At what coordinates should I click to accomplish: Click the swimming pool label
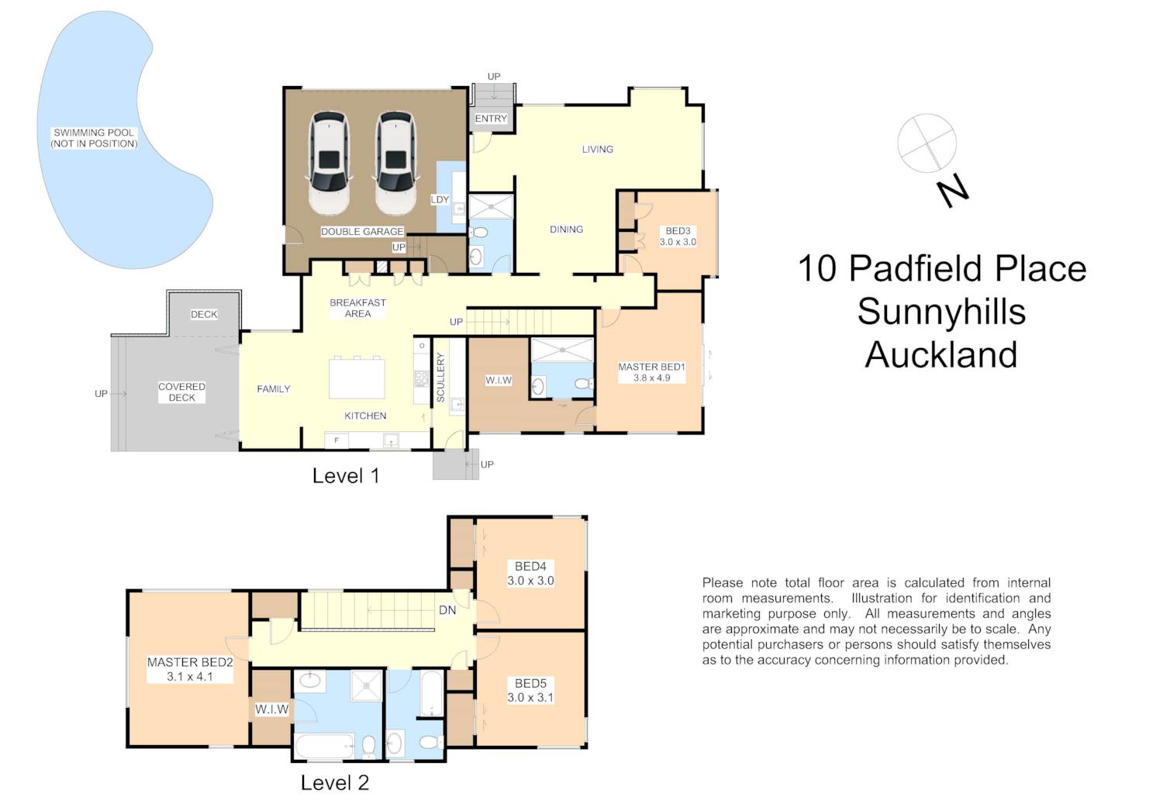94,138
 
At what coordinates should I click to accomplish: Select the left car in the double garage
329,163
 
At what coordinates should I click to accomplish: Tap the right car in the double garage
395,163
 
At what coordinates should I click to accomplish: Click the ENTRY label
491,119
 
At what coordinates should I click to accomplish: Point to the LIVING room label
597,150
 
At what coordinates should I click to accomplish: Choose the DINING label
567,229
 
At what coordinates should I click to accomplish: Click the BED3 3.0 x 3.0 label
678,236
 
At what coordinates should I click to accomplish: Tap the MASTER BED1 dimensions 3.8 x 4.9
651,378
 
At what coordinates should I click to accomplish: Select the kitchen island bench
357,378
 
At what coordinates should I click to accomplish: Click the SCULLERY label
441,377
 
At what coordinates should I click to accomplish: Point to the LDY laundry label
440,199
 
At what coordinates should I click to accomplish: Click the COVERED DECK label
181,392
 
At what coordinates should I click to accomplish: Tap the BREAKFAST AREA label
357,308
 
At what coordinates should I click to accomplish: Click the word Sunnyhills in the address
941,312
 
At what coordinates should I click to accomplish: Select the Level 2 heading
335,782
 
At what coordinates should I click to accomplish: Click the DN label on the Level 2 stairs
447,610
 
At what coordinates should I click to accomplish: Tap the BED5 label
530,684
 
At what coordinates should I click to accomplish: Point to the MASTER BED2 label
190,663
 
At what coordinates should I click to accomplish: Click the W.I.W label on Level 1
499,381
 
